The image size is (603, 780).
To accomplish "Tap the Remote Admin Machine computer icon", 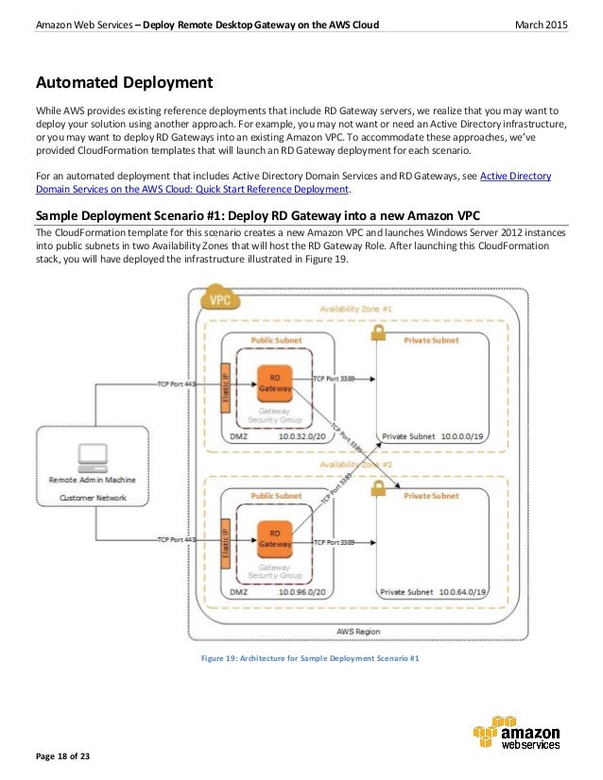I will [92, 457].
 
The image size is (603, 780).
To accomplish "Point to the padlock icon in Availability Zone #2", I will [378, 488].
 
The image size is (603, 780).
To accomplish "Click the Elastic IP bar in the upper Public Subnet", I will [224, 382].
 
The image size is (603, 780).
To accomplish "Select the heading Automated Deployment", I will [124, 82].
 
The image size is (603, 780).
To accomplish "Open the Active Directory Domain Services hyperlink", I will [516, 175].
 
